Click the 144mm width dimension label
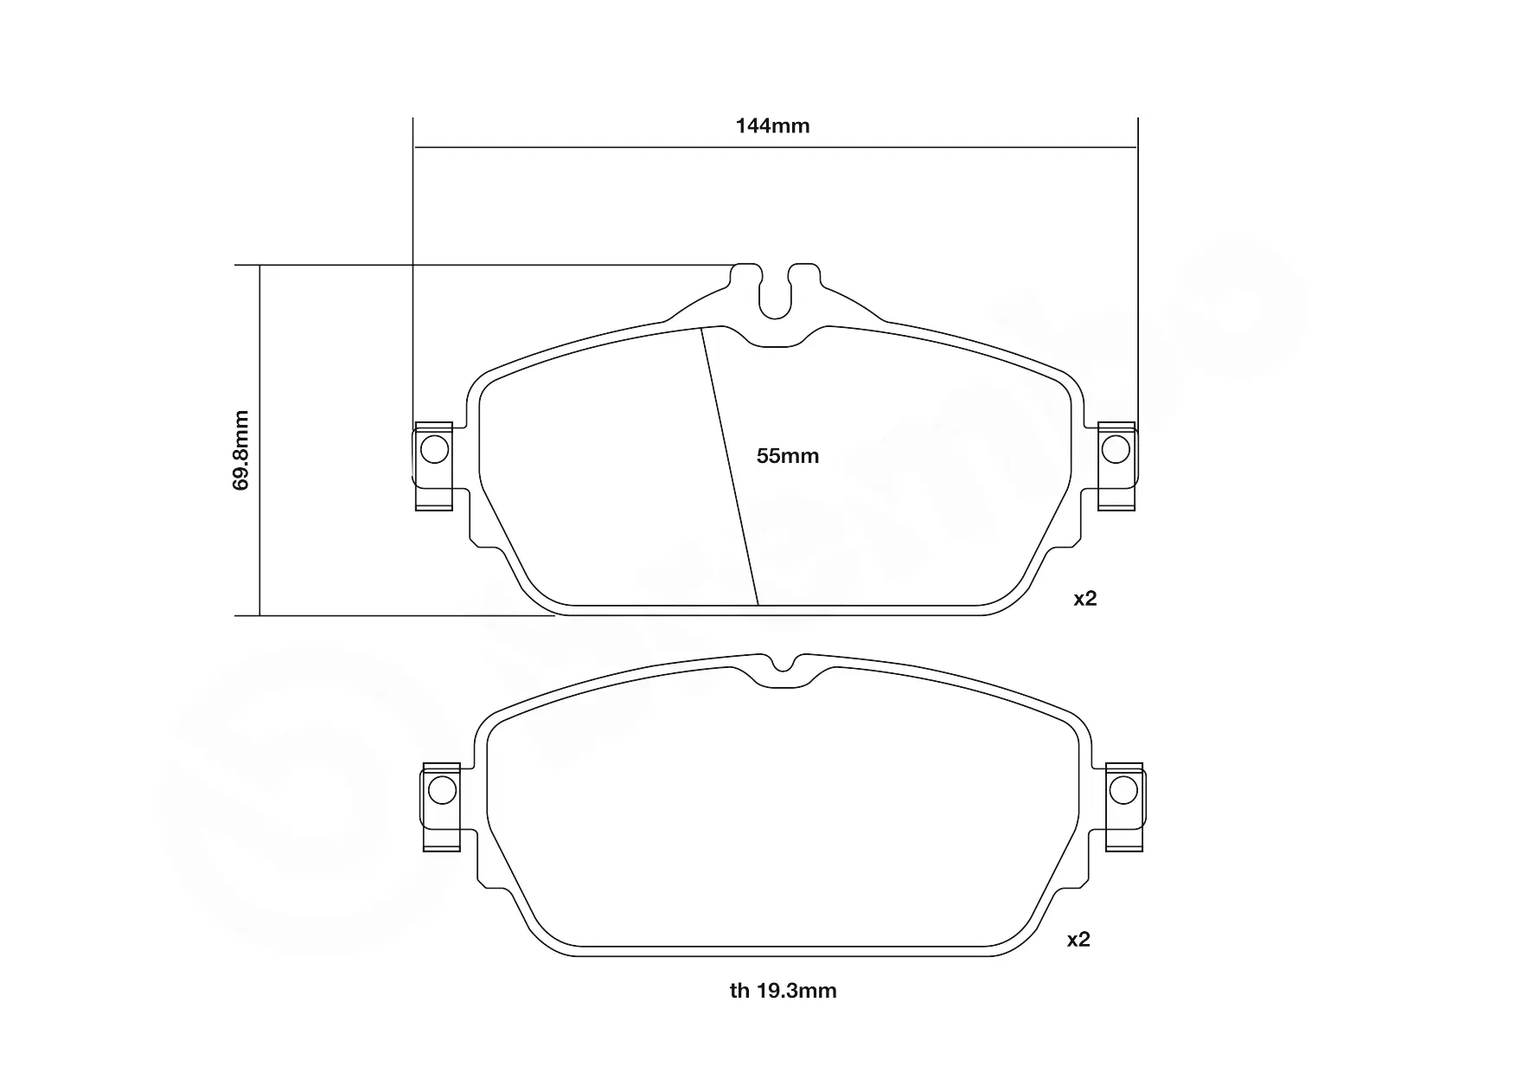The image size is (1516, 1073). coord(772,126)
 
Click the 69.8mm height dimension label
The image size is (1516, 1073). coord(241,450)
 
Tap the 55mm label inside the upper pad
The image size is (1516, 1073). coord(787,456)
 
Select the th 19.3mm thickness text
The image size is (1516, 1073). coord(783,991)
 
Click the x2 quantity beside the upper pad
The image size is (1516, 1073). coord(1084,599)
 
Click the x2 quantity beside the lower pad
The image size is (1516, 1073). coord(1078,940)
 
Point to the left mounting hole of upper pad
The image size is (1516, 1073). coord(434,449)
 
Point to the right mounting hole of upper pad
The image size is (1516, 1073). coord(1116,449)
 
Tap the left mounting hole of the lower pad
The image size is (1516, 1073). coord(442,790)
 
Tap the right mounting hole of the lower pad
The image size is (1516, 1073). coord(1123,790)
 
